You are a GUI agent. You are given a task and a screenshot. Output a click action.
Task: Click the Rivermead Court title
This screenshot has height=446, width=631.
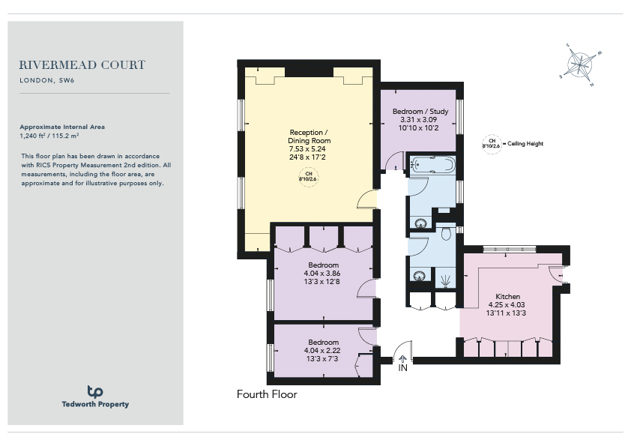82,64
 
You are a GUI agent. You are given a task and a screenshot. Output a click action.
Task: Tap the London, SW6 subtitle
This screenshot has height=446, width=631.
47,80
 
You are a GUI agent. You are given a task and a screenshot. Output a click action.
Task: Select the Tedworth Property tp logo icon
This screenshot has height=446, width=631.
95,391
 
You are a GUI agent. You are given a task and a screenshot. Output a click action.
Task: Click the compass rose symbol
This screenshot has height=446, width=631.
580,64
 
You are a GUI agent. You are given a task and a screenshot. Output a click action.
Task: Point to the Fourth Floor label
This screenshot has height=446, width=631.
267,394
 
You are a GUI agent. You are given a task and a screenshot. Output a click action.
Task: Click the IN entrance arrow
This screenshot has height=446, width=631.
403,358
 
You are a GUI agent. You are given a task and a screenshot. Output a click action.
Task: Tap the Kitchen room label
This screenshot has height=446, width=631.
507,296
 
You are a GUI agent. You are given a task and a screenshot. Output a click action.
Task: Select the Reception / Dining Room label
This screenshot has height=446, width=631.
309,136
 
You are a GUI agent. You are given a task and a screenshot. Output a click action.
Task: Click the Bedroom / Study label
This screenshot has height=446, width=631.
420,111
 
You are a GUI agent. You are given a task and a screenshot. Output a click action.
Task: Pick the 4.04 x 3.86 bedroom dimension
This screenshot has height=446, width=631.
322,274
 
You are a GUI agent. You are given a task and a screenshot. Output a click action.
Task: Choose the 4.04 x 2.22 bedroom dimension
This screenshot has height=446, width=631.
322,351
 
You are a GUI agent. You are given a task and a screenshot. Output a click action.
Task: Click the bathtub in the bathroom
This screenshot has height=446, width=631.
432,165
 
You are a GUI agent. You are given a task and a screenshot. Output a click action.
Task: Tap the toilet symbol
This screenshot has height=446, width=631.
446,233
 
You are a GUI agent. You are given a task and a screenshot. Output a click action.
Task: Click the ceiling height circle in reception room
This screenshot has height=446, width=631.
309,177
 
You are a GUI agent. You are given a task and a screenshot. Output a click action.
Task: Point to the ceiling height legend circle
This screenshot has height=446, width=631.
492,144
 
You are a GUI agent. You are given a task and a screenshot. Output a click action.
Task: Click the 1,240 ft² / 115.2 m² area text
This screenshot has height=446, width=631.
49,136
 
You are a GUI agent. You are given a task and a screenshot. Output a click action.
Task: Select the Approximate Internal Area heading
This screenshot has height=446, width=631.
62,127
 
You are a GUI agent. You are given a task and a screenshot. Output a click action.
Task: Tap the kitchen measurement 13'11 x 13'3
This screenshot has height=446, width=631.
506,313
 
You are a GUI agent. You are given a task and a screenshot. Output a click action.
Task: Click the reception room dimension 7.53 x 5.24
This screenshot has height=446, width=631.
307,149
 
